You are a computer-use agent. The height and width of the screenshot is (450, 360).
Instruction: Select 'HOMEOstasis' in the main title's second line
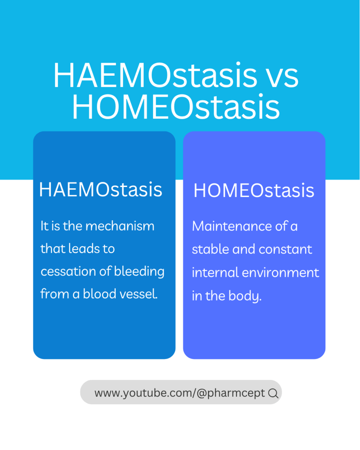point(175,106)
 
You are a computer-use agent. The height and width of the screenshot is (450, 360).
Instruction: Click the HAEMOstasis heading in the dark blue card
point(101,190)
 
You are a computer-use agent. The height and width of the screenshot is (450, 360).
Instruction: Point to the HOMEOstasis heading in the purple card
point(254,190)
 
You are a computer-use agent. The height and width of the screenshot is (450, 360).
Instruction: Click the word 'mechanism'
point(120,226)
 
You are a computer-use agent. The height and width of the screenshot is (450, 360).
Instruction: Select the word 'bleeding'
point(139,272)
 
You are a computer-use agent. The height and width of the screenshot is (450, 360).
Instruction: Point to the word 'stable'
point(211,249)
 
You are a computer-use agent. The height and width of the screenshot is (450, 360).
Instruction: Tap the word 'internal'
point(215,272)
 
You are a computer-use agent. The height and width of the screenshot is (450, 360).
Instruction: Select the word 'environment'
point(280,273)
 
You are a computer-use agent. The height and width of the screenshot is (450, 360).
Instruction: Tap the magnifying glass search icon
point(273,393)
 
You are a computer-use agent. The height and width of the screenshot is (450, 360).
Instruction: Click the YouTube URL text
point(180,393)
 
